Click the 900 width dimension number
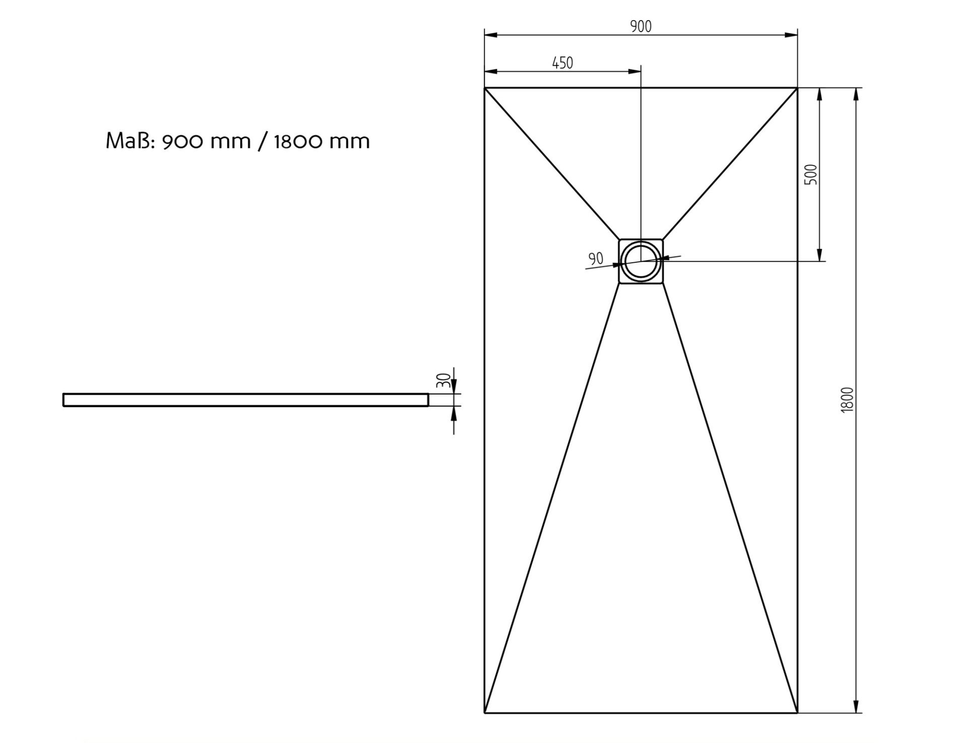point(641,26)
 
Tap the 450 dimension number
point(563,63)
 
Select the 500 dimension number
point(811,174)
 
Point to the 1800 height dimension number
point(848,400)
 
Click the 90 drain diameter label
point(596,259)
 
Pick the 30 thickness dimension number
point(443,380)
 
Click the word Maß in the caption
point(130,141)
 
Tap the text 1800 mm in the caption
point(322,141)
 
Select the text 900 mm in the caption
point(206,141)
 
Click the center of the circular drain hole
point(641,261)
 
